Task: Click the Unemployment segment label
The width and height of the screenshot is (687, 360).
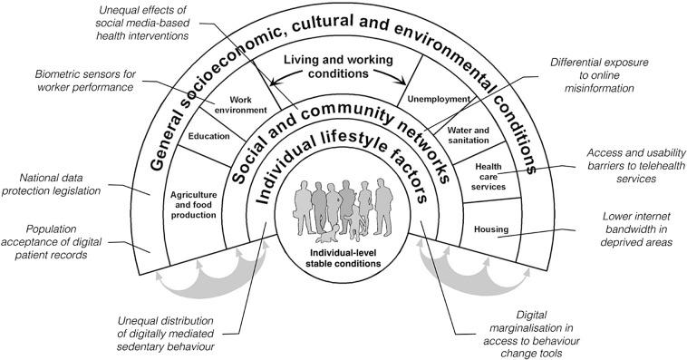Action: [x=439, y=99]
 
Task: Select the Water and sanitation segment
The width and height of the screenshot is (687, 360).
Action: [x=469, y=136]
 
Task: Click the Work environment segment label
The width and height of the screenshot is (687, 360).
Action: [x=240, y=103]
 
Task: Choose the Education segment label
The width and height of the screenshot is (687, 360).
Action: [x=209, y=138]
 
